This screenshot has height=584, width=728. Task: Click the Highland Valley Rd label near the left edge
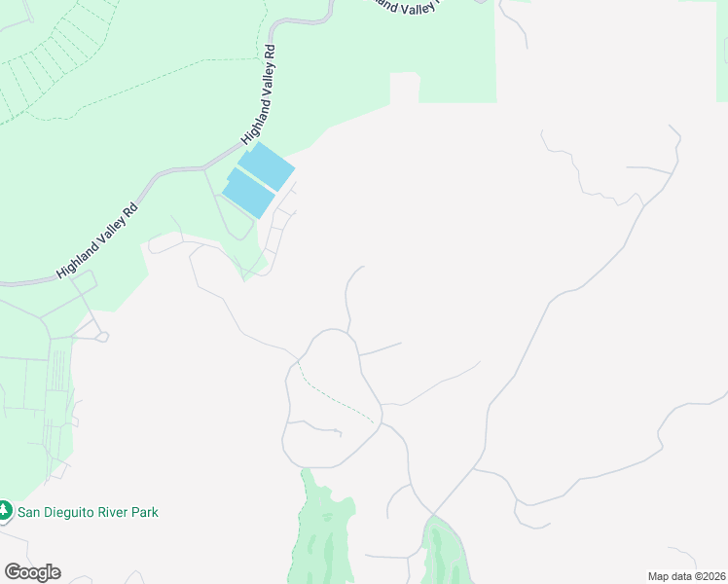97,240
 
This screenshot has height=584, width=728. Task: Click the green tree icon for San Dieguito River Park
5,510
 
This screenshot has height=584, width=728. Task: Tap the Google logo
32,572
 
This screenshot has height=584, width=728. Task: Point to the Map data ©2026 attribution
685,576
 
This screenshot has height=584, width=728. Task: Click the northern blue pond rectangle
267,165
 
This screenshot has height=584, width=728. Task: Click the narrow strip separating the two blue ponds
258,180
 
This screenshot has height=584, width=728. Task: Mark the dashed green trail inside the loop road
336,397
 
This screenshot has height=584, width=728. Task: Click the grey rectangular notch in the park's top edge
405,88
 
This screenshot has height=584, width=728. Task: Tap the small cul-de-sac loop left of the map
101,337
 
